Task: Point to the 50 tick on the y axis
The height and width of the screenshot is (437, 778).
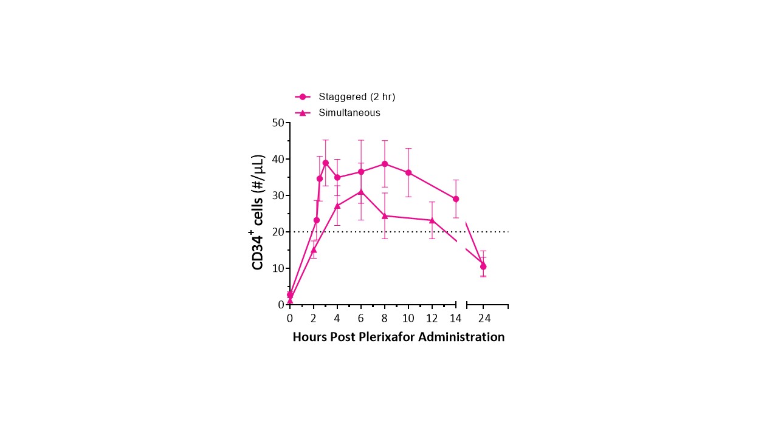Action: click(x=279, y=123)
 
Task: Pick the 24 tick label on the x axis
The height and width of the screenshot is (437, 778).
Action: click(x=484, y=317)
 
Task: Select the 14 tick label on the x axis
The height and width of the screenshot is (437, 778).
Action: click(x=456, y=317)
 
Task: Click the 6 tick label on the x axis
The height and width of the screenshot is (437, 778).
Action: click(x=361, y=317)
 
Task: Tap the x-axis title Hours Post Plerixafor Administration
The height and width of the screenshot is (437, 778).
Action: click(x=398, y=337)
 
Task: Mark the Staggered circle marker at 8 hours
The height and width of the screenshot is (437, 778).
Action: click(x=385, y=164)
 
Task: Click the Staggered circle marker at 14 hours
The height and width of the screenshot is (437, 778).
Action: click(x=456, y=199)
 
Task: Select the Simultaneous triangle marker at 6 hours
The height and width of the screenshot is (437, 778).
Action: click(x=361, y=192)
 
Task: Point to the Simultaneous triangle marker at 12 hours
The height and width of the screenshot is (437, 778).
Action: click(x=432, y=220)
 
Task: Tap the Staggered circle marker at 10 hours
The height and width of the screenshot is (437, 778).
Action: click(x=408, y=173)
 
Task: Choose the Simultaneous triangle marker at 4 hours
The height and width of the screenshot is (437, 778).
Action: click(x=337, y=206)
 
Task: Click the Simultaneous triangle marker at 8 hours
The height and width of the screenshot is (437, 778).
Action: click(x=385, y=215)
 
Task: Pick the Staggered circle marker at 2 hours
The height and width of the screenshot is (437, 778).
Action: click(x=316, y=220)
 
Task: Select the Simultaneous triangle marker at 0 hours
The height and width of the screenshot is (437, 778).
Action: click(x=290, y=300)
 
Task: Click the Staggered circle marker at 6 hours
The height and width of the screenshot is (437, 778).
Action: click(x=361, y=172)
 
